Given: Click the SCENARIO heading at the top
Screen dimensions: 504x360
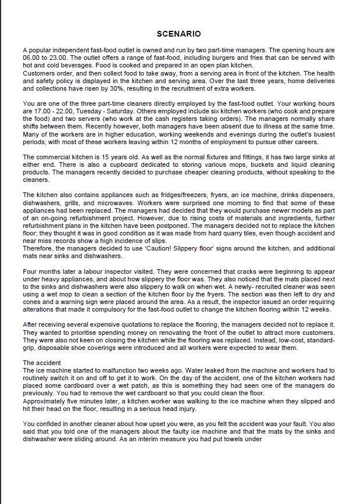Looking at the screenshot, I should click(x=179, y=34).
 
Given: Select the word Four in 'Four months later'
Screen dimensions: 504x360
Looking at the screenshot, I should click(x=28, y=271).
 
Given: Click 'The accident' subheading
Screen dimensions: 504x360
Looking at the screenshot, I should click(x=42, y=362).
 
